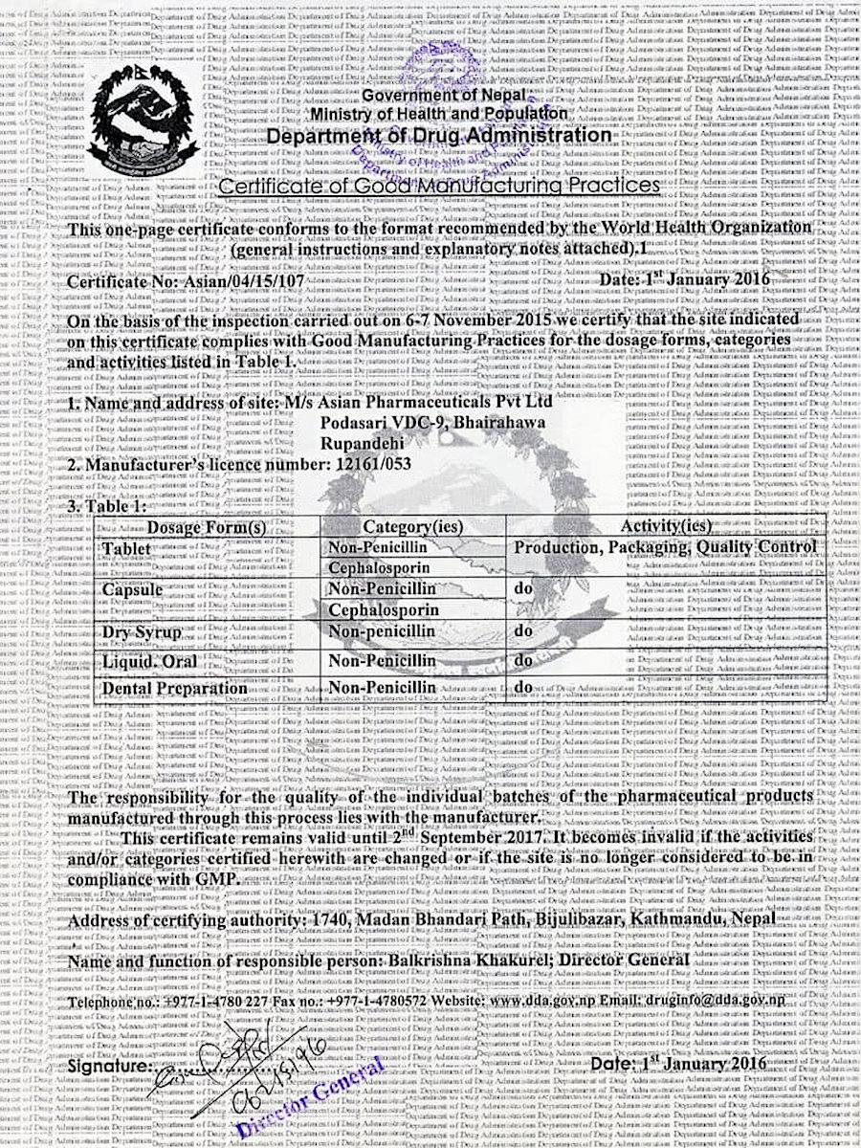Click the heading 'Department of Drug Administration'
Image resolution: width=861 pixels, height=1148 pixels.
point(439,137)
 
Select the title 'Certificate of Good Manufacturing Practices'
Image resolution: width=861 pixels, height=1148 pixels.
point(439,184)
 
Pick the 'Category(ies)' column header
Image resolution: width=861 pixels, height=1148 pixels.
point(412,526)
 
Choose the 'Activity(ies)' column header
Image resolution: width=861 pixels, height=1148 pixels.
point(666,526)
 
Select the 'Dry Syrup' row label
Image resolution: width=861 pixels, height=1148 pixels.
point(143,632)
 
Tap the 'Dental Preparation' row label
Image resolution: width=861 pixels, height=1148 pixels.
point(175,687)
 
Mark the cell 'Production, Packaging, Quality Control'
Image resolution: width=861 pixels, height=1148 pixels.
point(665,546)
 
